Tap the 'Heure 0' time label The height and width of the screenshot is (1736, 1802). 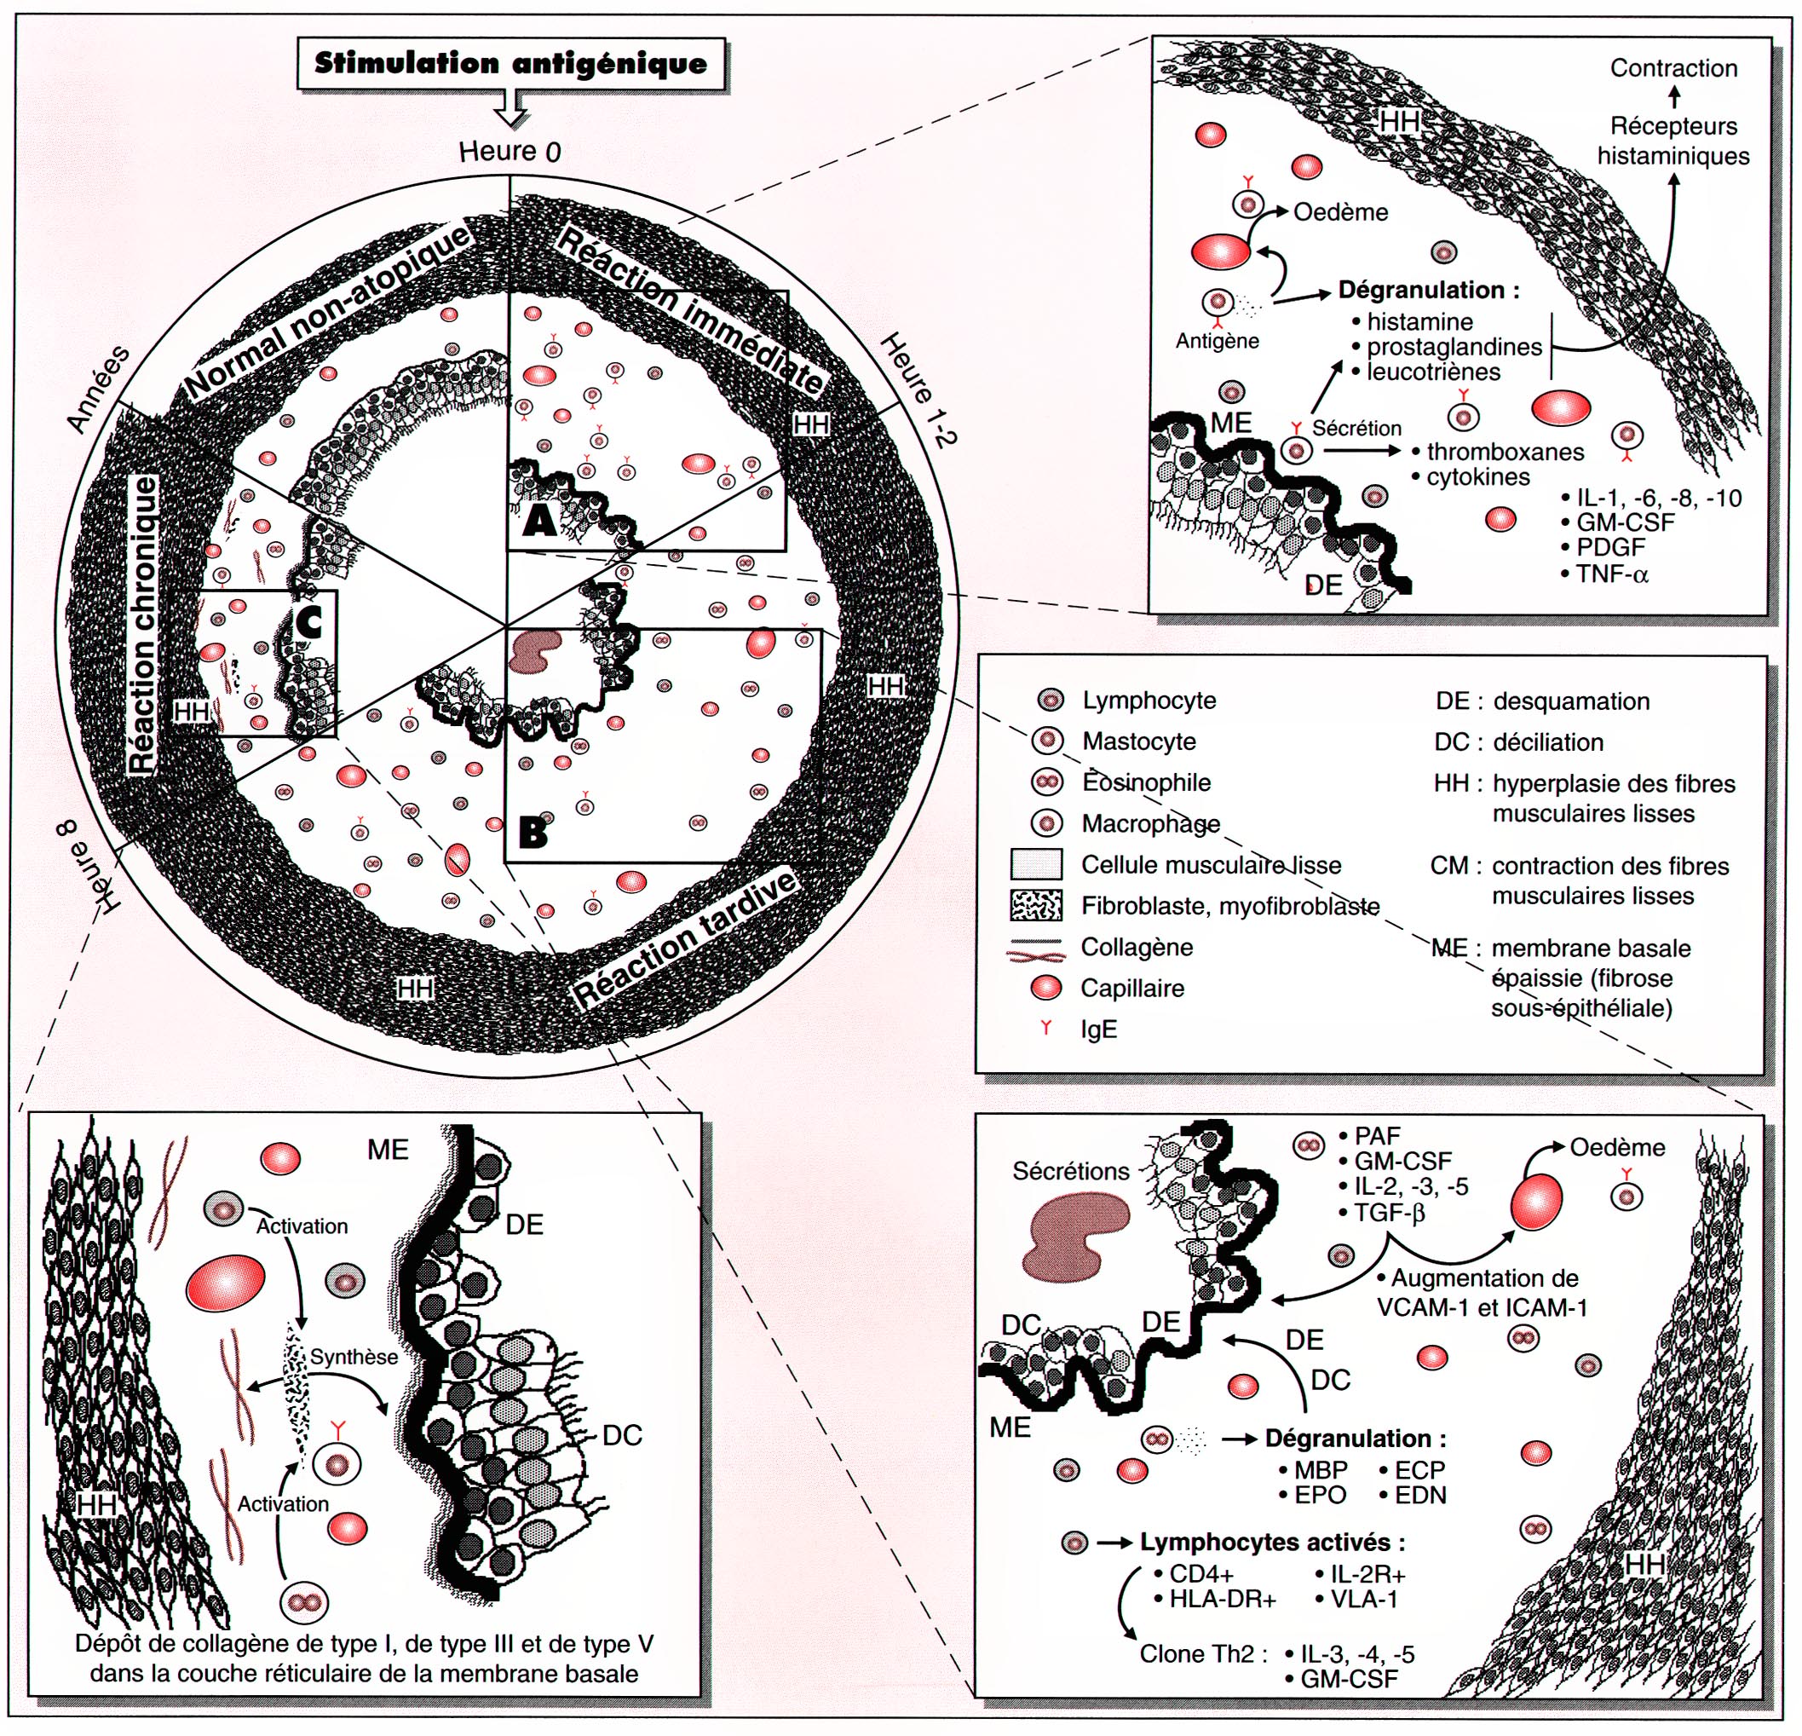(510, 151)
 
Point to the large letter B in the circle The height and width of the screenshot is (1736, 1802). (533, 832)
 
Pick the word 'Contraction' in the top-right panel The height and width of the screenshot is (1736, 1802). (1673, 68)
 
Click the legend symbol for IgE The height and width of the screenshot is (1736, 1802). (1046, 1028)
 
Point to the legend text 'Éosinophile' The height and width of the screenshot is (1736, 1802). (1147, 782)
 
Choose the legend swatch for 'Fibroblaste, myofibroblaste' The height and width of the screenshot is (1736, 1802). (1036, 906)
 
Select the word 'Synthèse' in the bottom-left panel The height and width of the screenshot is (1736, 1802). (354, 1356)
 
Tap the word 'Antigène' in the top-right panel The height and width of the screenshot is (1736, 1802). (1218, 341)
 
